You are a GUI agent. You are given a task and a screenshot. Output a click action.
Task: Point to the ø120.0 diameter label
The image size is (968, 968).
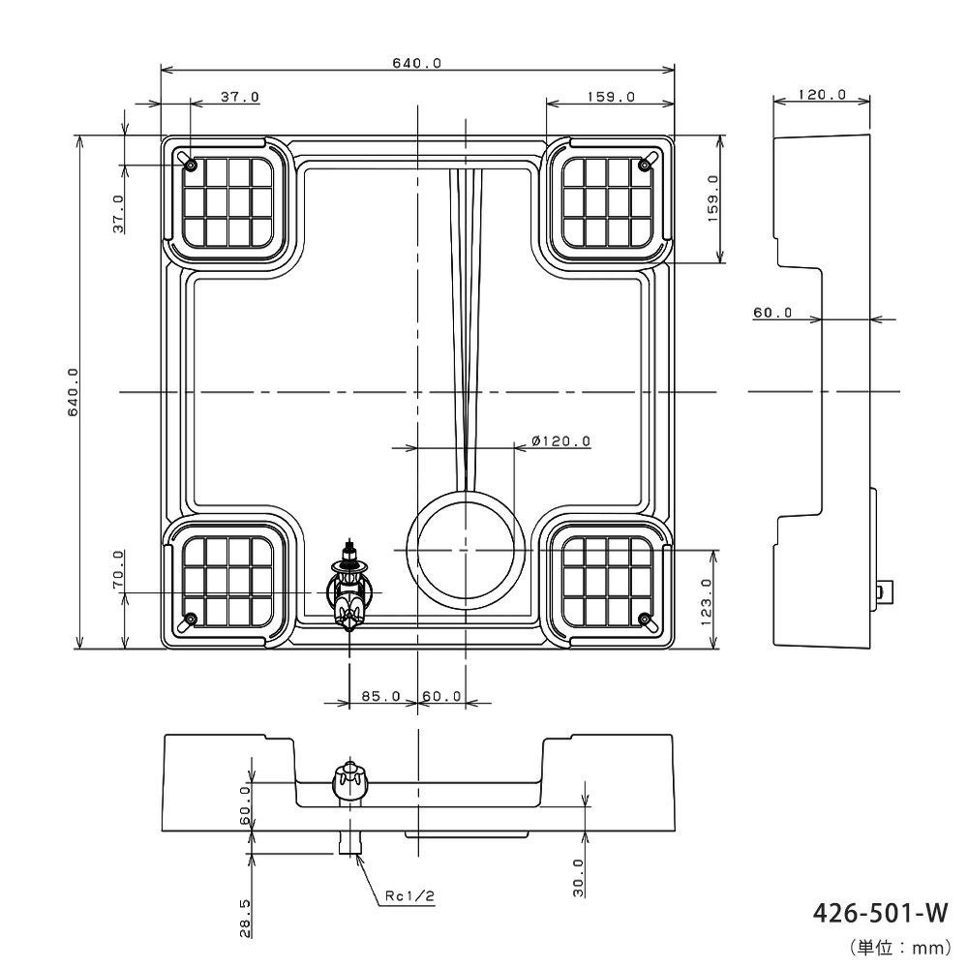tap(561, 441)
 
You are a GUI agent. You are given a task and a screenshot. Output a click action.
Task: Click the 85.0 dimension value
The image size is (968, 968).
tap(380, 696)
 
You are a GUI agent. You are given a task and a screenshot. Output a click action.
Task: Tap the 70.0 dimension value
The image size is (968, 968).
tap(118, 570)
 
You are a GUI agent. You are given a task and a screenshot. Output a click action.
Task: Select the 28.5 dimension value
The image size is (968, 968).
tap(245, 917)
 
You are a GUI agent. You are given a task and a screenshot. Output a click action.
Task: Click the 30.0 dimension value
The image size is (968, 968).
tap(578, 878)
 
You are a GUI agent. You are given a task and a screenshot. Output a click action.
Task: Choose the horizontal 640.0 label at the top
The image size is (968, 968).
tap(417, 63)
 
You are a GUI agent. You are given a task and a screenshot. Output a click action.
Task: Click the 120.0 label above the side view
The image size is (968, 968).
tap(822, 95)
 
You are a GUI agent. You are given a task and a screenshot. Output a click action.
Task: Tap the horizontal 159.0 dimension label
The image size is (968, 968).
tap(610, 97)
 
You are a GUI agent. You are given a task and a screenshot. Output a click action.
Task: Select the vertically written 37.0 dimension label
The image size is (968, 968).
tap(118, 214)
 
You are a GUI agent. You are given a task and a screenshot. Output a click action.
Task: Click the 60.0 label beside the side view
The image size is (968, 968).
tap(772, 313)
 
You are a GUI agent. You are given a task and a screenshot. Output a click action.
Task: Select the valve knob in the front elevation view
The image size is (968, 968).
tap(349, 780)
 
